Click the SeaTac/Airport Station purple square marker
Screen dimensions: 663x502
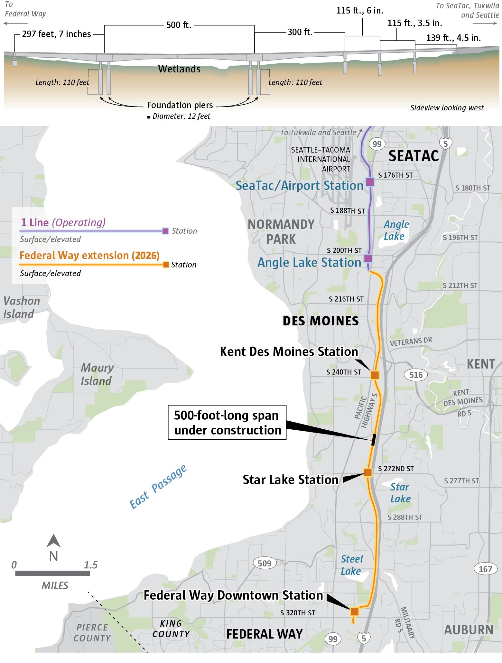tap(370, 182)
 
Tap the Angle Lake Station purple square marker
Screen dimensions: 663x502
tap(368, 258)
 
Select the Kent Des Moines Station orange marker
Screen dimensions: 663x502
tap(375, 375)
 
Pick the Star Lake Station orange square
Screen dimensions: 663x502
tap(368, 472)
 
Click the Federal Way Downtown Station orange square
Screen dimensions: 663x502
tap(354, 612)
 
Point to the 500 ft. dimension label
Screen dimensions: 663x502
tap(179, 25)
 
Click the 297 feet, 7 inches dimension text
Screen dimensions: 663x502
tap(56, 34)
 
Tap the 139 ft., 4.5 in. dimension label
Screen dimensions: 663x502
tap(453, 38)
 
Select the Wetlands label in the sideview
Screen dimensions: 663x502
tap(179, 69)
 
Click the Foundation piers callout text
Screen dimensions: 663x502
tap(180, 105)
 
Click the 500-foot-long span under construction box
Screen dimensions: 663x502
tap(227, 423)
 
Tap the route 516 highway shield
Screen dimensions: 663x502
tap(416, 375)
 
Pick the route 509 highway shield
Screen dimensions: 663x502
tap(265, 563)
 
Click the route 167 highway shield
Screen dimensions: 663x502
tap(485, 569)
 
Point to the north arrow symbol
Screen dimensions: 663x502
tap(53, 541)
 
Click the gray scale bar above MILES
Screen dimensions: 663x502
tap(52, 573)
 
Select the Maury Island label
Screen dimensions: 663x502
tap(97, 374)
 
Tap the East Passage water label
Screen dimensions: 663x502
tap(158, 487)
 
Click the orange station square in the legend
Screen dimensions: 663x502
tap(166, 265)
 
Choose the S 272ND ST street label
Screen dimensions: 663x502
tap(396, 469)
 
